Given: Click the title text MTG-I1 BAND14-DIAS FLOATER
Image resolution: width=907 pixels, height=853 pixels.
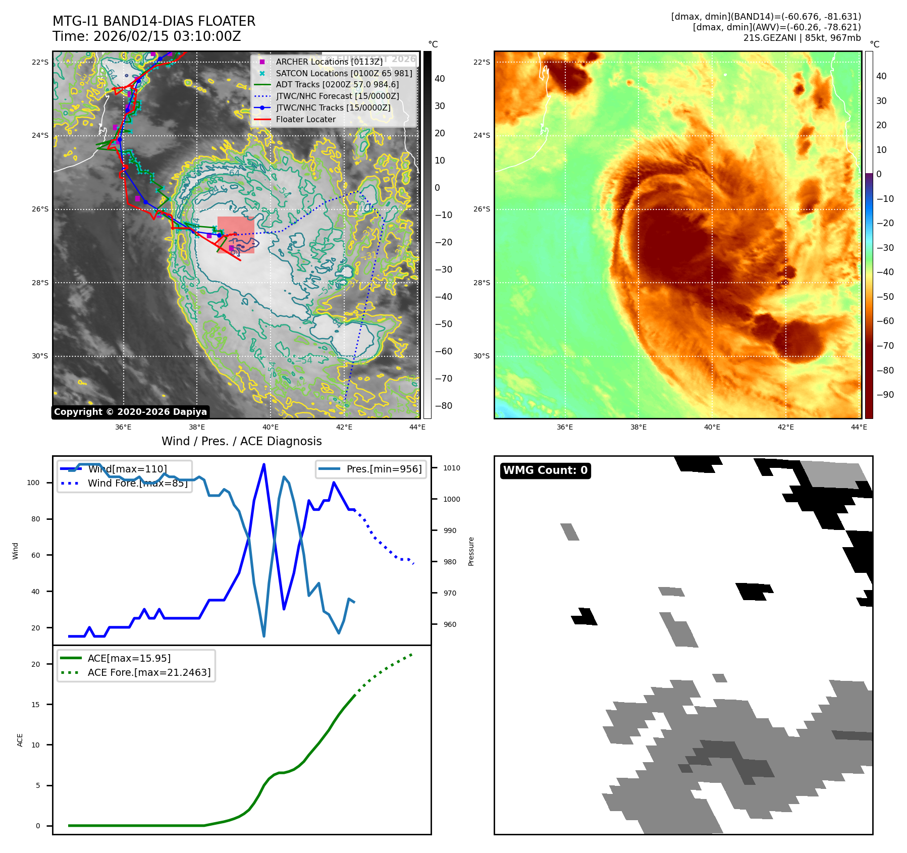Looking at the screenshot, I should coord(154,21).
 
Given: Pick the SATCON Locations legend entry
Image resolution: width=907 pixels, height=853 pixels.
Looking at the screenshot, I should coord(344,73).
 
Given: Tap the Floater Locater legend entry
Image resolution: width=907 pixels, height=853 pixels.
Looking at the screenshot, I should coord(305,120).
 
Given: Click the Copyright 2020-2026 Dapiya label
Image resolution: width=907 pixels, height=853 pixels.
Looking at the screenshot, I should coord(130,412).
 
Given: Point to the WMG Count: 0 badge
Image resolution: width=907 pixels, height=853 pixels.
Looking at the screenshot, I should coord(545,470).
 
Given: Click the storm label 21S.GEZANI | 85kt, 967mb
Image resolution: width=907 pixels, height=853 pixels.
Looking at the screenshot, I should coord(802,38).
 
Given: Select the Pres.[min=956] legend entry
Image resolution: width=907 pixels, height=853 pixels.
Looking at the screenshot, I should coord(384,469).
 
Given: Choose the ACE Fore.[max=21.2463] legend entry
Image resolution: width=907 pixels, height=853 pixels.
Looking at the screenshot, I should coord(149,672).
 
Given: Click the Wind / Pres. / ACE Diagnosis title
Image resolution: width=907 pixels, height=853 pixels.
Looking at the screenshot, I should coord(241,441).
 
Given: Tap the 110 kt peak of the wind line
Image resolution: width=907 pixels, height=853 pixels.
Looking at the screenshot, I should coord(264,464).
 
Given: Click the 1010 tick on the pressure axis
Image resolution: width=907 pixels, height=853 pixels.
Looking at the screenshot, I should coord(452,468).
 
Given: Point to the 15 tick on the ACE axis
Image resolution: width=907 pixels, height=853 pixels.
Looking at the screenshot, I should coord(35,705).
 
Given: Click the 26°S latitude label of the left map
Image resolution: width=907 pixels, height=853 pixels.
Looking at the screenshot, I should coord(40,209).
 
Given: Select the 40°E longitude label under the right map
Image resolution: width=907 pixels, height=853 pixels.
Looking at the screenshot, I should coord(712,427).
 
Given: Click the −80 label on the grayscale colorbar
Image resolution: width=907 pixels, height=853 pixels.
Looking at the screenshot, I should coord(444,406).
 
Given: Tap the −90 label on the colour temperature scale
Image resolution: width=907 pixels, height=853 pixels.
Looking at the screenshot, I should coord(885,395).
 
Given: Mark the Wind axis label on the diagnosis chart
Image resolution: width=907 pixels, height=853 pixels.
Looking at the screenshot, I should coord(16,551).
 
